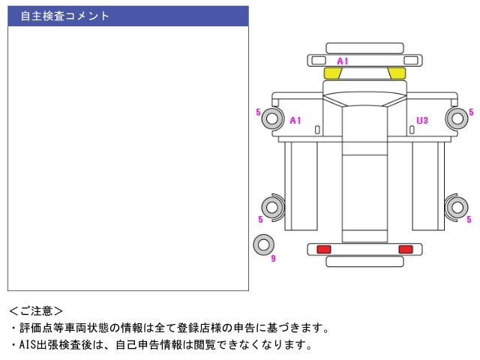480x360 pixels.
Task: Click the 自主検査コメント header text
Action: pyautogui.click(x=64, y=16)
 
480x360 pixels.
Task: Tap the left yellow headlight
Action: pyautogui.click(x=332, y=73)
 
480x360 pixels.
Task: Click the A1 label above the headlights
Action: pyautogui.click(x=343, y=60)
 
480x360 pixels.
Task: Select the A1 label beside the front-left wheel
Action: pyautogui.click(x=295, y=120)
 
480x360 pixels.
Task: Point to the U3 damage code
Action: pyautogui.click(x=422, y=120)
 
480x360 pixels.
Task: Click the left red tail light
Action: pyautogui.click(x=324, y=249)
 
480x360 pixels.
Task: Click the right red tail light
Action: pyautogui.click(x=406, y=249)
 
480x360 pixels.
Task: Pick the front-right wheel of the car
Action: pyautogui.click(x=457, y=118)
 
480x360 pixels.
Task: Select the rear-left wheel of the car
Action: pyautogui.click(x=271, y=206)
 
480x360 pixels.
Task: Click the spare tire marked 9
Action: pyautogui.click(x=263, y=244)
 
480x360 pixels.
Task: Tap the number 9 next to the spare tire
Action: pyautogui.click(x=274, y=259)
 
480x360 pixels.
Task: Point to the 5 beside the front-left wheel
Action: pyautogui.click(x=258, y=112)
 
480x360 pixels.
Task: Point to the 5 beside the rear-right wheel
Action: pyautogui.click(x=469, y=220)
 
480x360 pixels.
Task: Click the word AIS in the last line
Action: pyautogui.click(x=28, y=345)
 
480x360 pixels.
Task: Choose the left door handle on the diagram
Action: pyautogui.click(x=317, y=130)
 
